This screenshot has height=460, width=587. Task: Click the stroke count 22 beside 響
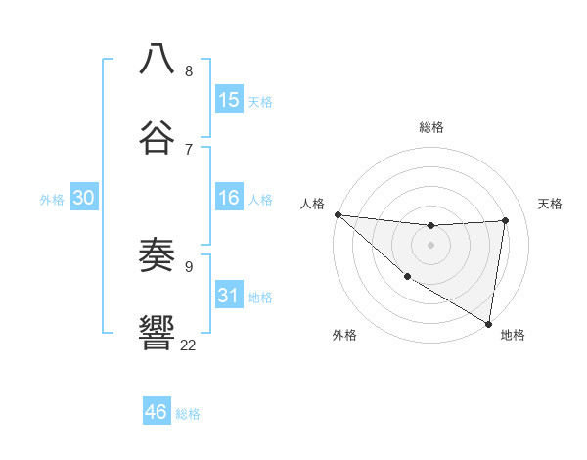pyautogui.click(x=188, y=345)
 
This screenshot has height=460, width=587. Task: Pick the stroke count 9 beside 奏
pyautogui.click(x=189, y=266)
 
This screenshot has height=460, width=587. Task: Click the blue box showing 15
pyautogui.click(x=229, y=100)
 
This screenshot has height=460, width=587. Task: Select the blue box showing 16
pyautogui.click(x=229, y=199)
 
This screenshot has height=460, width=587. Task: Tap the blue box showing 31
pyautogui.click(x=229, y=296)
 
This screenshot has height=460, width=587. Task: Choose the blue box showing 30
pyautogui.click(x=84, y=199)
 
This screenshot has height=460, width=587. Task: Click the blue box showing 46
pyautogui.click(x=157, y=412)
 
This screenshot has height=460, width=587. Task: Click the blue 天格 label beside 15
pyautogui.click(x=260, y=102)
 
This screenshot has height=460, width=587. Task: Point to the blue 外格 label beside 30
pyautogui.click(x=52, y=200)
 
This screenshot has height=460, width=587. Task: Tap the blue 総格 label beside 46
pyautogui.click(x=188, y=414)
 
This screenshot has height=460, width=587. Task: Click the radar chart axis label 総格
pyautogui.click(x=430, y=127)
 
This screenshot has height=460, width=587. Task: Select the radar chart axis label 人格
pyautogui.click(x=312, y=204)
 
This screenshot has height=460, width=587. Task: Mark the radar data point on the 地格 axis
pyautogui.click(x=488, y=323)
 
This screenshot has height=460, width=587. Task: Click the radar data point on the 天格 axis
pyautogui.click(x=506, y=220)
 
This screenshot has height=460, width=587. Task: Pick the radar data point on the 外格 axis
pyautogui.click(x=407, y=277)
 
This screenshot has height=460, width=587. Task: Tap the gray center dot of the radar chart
pyautogui.click(x=430, y=245)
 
